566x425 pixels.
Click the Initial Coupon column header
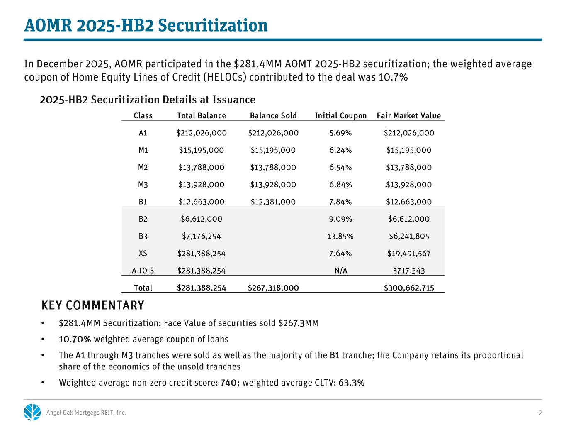(340, 116)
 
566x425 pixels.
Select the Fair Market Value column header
(408, 116)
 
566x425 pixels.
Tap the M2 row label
(143, 168)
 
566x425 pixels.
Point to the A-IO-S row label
(143, 271)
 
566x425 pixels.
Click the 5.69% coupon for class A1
(340, 133)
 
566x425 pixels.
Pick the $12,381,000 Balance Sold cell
(273, 202)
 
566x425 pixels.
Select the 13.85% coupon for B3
(340, 237)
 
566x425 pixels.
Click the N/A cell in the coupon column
(340, 271)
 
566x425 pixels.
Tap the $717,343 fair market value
(409, 271)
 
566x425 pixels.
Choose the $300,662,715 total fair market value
(409, 288)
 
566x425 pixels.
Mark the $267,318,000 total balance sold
(273, 288)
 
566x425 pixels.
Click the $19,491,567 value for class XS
(409, 254)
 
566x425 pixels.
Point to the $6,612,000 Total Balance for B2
(202, 219)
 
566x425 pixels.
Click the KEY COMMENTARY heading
(93, 305)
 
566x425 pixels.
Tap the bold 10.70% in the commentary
(75, 340)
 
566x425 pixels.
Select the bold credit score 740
(229, 383)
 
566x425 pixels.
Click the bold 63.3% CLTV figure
(352, 383)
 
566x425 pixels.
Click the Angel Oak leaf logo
(32, 412)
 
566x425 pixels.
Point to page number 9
(540, 413)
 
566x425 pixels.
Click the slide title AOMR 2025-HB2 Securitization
(146, 26)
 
